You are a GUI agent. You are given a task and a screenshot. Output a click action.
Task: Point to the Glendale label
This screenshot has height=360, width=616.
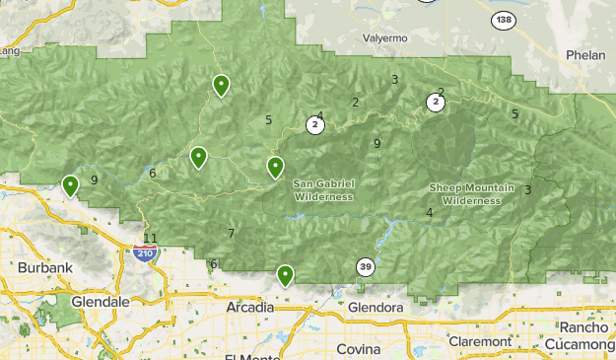pyautogui.click(x=101, y=301)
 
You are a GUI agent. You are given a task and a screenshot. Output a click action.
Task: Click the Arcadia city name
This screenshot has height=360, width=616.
pyautogui.click(x=249, y=308)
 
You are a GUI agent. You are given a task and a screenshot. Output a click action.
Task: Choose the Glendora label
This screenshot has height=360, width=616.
pyautogui.click(x=376, y=308)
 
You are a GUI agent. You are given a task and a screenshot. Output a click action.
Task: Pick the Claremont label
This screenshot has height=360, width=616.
pyautogui.click(x=477, y=341)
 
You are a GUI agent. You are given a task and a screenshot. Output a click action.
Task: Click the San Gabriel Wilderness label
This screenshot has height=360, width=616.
pyautogui.click(x=323, y=190)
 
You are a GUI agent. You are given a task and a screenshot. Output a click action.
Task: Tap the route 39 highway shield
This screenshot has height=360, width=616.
pyautogui.click(x=365, y=267)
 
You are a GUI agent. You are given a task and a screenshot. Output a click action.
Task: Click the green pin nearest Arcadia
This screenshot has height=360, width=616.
pyautogui.click(x=285, y=275)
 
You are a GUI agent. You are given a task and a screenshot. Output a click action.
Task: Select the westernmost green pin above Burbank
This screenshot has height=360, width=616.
pyautogui.click(x=70, y=184)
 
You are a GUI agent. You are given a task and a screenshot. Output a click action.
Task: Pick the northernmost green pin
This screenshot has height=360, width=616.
pyautogui.click(x=222, y=85)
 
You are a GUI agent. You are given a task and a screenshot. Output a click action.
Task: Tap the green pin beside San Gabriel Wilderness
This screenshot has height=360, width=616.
pyautogui.click(x=276, y=168)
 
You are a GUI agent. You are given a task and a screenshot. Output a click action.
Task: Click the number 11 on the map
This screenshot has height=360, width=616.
pyautogui.click(x=150, y=238)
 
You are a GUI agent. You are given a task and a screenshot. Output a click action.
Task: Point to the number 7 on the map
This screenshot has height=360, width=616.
pyautogui.click(x=231, y=234)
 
